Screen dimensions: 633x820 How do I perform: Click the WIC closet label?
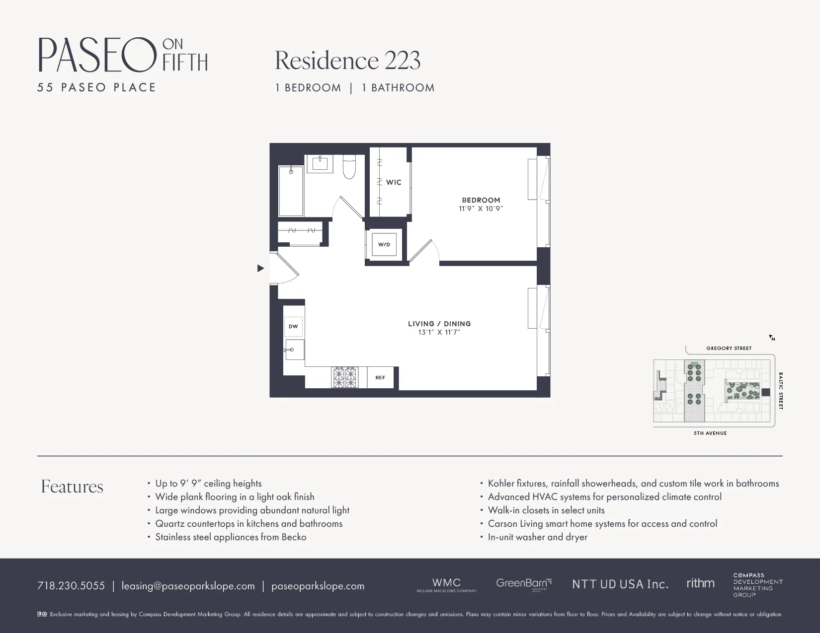pos(394,182)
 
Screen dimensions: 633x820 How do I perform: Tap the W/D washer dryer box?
pos(384,244)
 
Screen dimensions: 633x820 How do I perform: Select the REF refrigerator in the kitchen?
pos(380,378)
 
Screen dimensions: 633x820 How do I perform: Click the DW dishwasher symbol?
pos(293,326)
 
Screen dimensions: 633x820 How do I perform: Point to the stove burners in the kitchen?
pos(345,377)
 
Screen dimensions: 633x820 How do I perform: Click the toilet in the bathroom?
pos(350,167)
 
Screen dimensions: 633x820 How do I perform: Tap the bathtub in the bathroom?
pos(291,191)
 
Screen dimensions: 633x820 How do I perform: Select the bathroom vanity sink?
pos(320,164)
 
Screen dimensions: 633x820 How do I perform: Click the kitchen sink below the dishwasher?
pos(294,350)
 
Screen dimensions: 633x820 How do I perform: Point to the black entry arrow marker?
pos(260,269)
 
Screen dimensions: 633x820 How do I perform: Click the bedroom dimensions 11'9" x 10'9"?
pos(481,209)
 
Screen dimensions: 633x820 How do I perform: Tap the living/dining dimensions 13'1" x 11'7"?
pos(439,333)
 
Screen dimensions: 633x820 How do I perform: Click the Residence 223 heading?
pos(347,61)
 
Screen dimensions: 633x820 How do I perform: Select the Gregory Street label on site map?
pos(729,349)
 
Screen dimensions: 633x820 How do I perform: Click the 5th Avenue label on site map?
pos(710,433)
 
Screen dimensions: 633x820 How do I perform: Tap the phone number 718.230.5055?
pos(71,586)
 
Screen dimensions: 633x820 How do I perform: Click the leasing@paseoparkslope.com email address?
pos(188,586)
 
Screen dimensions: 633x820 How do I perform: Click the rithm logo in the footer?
pos(700,583)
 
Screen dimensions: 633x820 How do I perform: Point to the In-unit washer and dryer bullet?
pos(537,537)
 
